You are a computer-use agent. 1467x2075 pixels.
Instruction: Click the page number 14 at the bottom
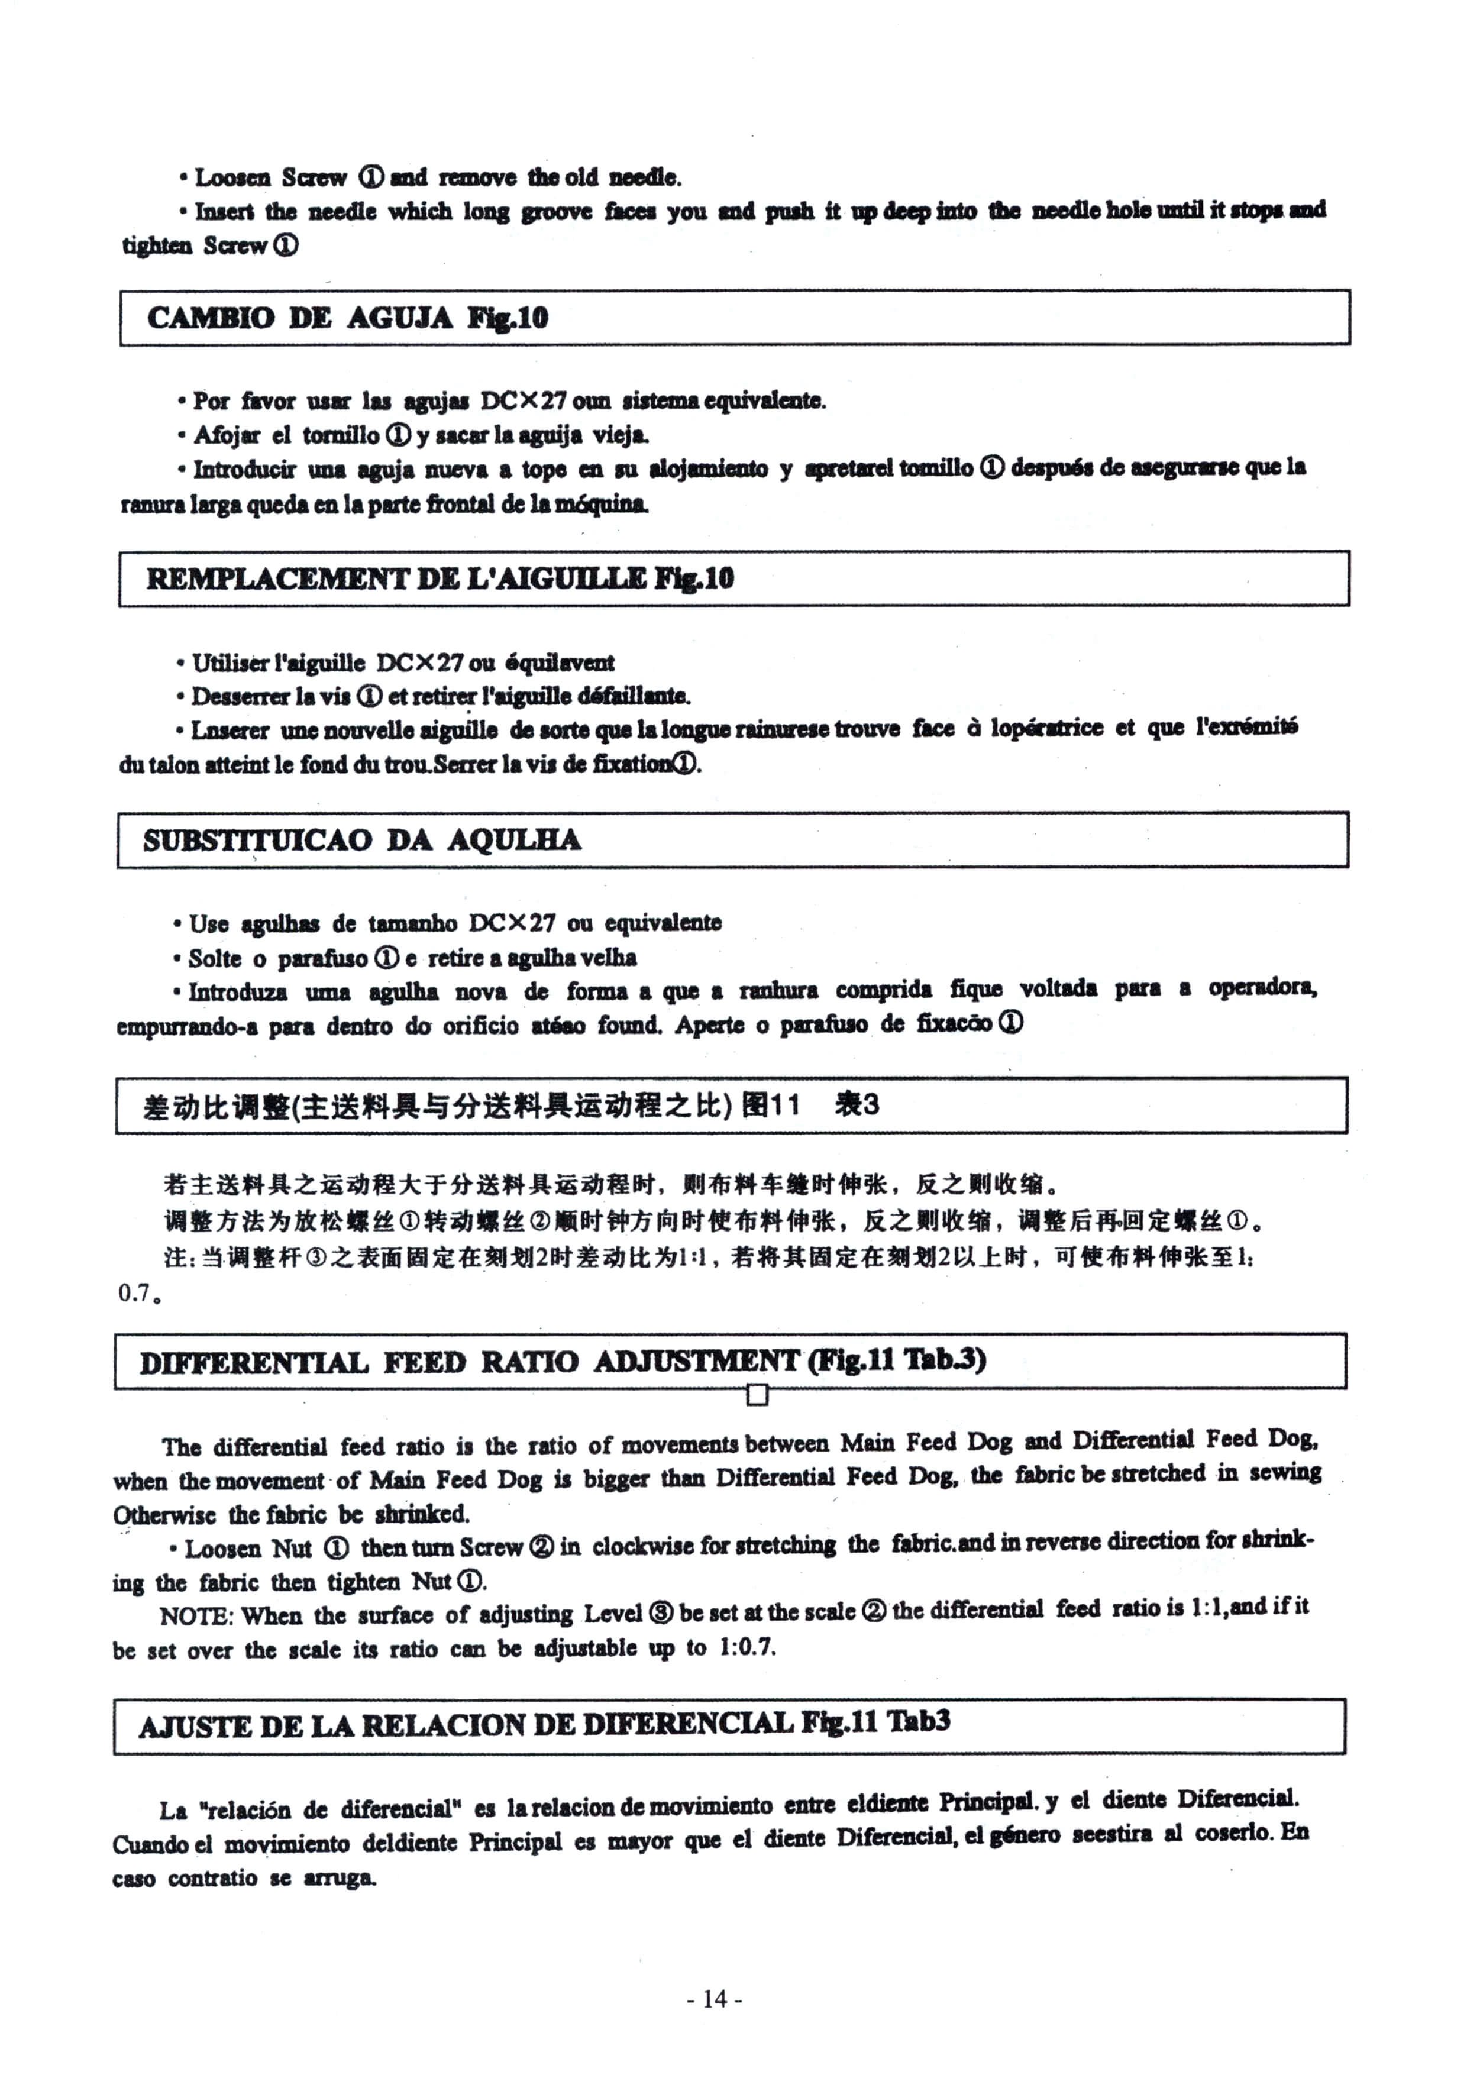(x=714, y=1998)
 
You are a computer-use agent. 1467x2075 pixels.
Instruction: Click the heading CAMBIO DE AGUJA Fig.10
(x=347, y=318)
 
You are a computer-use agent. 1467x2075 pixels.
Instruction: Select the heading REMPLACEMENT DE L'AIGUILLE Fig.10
(x=440, y=578)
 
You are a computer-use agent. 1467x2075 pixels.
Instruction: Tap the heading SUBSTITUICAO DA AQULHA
(x=361, y=841)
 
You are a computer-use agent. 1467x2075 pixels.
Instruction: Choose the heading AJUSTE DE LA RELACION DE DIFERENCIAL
(x=543, y=1725)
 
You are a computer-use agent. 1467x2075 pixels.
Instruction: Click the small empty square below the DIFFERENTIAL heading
(x=757, y=1395)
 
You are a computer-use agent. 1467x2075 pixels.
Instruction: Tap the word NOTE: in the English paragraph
(x=196, y=1615)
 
